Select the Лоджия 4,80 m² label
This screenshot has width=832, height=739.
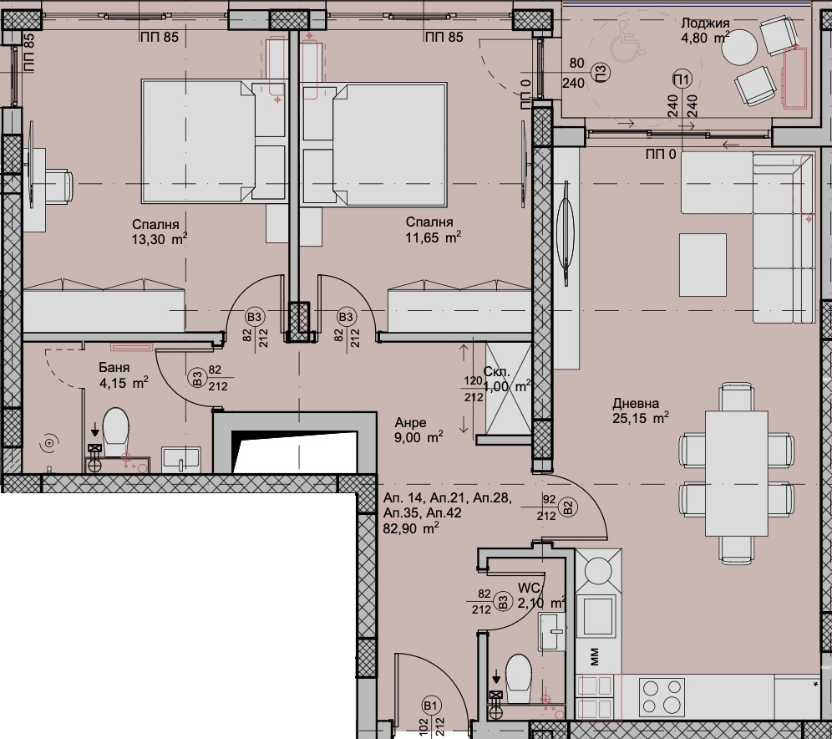point(705,30)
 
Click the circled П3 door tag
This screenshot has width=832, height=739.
point(600,71)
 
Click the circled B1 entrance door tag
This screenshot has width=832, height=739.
point(431,706)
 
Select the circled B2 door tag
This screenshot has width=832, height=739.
point(568,508)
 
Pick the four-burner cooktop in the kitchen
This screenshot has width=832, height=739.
point(662,696)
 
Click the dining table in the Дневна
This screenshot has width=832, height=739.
point(737,473)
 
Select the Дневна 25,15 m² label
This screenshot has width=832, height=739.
point(639,411)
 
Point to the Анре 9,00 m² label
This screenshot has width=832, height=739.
point(419,430)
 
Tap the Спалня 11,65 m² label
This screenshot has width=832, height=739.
point(433,229)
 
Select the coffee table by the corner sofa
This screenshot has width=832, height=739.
point(703,265)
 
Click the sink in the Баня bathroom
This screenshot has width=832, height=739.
point(181,459)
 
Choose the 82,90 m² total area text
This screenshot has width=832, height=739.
point(411,528)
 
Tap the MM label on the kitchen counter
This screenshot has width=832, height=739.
point(594,656)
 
